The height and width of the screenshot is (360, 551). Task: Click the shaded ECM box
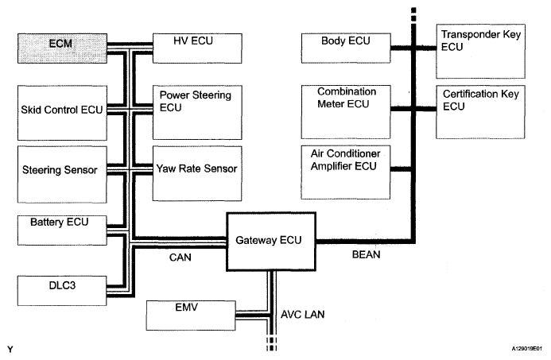(62, 48)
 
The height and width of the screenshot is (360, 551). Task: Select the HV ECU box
(197, 48)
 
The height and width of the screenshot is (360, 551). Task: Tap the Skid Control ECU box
(62, 113)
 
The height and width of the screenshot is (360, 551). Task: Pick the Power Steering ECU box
(197, 112)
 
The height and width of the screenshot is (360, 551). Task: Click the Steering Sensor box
(62, 175)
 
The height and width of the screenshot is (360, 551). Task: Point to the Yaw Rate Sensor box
(197, 173)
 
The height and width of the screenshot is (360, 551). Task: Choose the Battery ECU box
(62, 230)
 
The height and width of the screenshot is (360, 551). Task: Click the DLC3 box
(62, 291)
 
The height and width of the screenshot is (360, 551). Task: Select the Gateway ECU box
(271, 242)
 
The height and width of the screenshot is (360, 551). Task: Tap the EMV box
(191, 315)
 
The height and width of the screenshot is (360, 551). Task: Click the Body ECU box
(346, 48)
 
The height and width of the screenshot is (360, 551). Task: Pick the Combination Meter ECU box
(346, 112)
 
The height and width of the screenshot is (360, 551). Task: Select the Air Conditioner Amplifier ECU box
(345, 172)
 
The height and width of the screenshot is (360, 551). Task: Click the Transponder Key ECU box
(481, 52)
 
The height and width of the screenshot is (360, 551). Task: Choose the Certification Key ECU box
(480, 112)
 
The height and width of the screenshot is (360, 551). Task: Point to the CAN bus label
(180, 257)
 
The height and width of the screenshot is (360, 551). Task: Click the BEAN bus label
(367, 254)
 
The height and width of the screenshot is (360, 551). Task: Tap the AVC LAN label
(303, 315)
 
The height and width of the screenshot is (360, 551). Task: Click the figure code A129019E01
(527, 348)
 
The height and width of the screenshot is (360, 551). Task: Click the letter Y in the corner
(10, 350)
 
